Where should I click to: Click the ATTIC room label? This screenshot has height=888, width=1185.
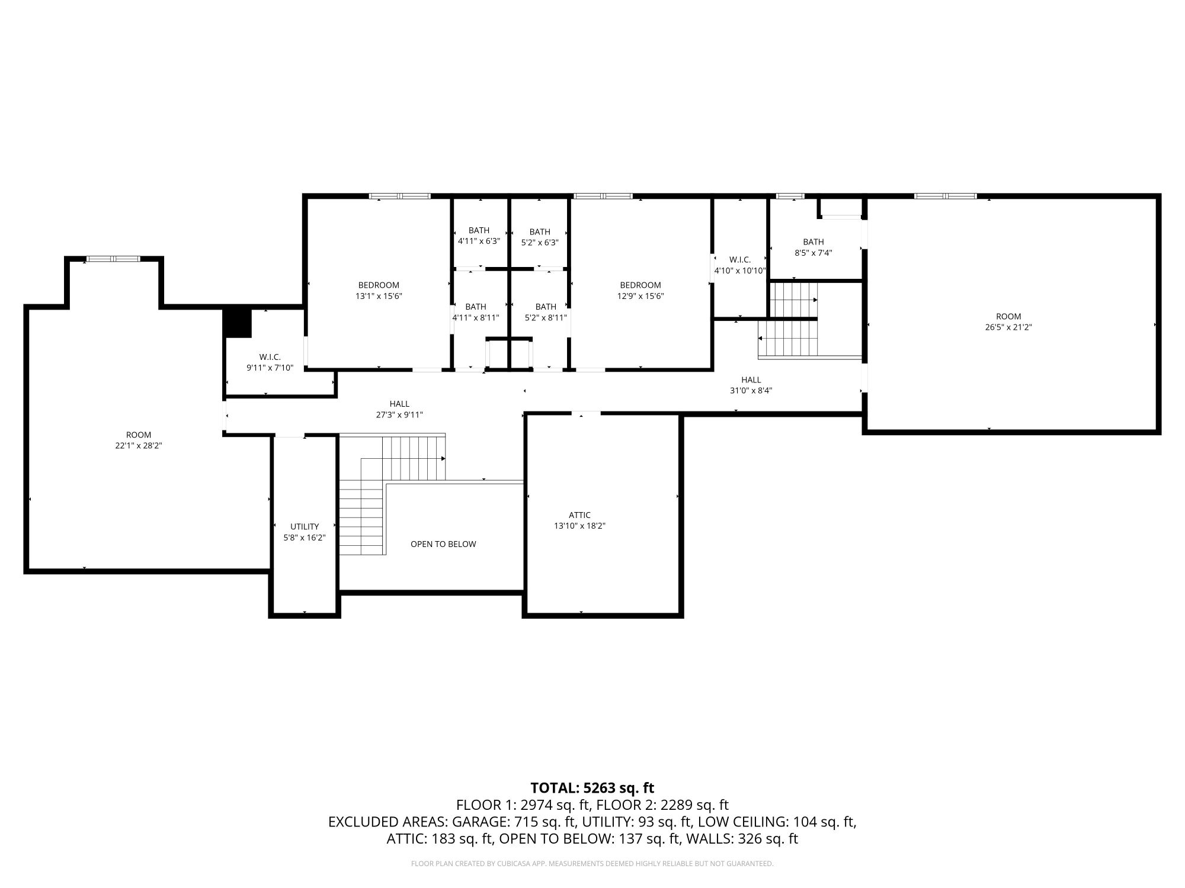(x=579, y=515)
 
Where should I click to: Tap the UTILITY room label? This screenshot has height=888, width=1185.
(x=305, y=526)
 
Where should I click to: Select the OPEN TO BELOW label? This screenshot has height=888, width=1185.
(x=443, y=544)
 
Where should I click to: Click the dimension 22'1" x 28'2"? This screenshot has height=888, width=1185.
(x=139, y=446)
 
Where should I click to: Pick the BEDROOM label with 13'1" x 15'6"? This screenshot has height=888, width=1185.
(x=379, y=285)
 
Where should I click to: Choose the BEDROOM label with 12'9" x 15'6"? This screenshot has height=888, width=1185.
(x=640, y=285)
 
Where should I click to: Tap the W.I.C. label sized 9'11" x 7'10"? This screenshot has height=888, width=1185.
(x=270, y=357)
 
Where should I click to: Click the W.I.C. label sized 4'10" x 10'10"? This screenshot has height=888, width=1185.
(x=740, y=260)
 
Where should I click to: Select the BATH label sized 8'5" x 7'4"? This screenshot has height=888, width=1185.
(x=814, y=242)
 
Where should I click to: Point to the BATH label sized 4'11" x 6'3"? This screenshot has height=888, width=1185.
(x=479, y=230)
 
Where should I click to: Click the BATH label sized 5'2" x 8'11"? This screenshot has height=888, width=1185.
(x=546, y=307)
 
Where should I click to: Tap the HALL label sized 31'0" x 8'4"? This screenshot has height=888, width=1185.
(x=751, y=380)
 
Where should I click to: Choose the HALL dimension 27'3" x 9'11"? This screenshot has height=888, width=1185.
(x=399, y=415)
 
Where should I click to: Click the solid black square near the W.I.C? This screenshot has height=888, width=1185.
(x=238, y=323)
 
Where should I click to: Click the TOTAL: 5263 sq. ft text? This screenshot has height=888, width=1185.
(x=592, y=788)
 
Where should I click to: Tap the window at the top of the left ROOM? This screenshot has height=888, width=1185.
(x=114, y=259)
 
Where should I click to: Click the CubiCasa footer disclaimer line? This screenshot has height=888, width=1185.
(x=592, y=864)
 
